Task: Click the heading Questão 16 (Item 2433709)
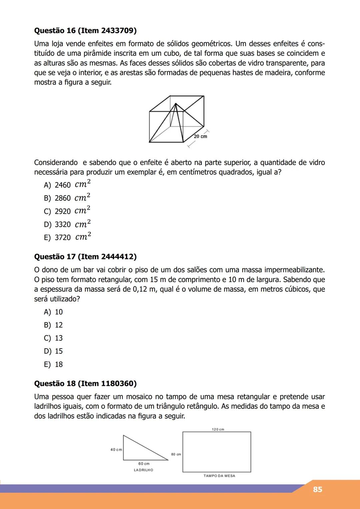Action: coord(85,31)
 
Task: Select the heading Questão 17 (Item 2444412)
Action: coord(85,257)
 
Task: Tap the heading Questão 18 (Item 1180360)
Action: coord(85,383)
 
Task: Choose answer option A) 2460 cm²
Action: coord(67,185)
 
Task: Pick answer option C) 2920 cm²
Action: coord(67,211)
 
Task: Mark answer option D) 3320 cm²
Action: coord(67,224)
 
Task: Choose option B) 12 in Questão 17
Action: coord(53,325)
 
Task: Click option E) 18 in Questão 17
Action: coord(53,364)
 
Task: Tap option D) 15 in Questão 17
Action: coord(53,351)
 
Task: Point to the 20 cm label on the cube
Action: coord(200,136)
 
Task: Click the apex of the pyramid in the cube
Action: coord(176,104)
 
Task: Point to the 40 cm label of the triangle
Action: coord(116,450)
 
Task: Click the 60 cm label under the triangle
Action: coord(144,464)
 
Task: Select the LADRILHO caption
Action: coord(143,470)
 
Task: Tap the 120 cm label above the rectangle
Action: coord(218,429)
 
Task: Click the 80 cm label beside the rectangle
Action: coord(176,454)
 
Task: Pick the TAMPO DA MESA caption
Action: coord(219,476)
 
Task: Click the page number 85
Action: coord(317,489)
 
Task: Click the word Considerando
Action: coord(56,163)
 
